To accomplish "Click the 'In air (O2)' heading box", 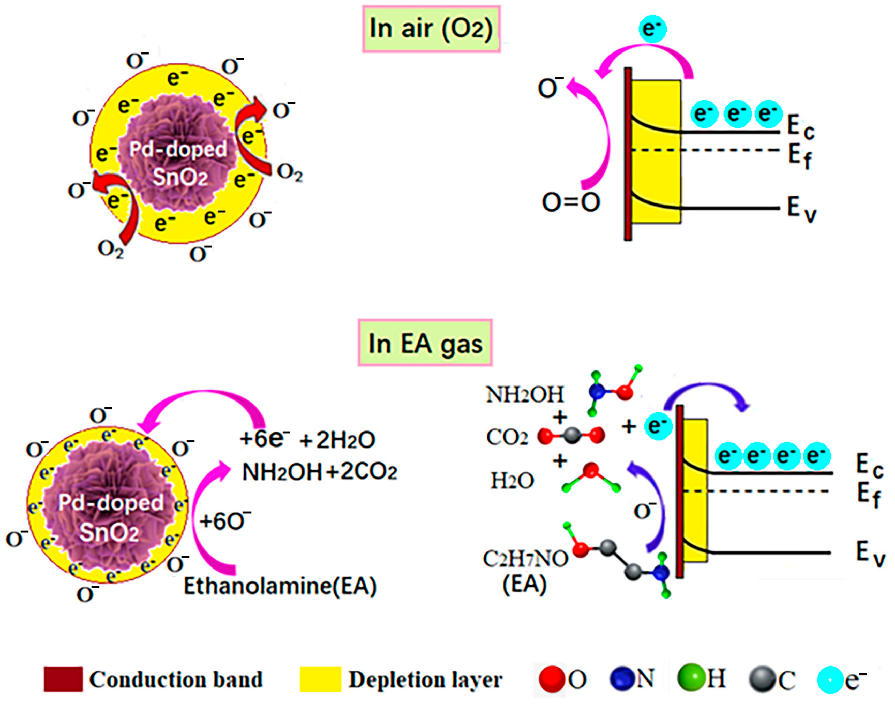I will tap(431, 29).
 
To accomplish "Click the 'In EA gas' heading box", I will tap(425, 343).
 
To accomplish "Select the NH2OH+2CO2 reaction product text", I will tap(320, 472).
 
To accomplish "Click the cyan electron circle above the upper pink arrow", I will tap(652, 29).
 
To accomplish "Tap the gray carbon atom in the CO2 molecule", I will tap(571, 436).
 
